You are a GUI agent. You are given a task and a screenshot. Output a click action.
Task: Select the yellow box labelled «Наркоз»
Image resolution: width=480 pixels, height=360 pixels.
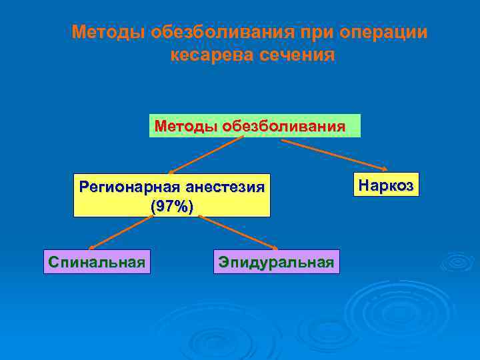pyautogui.click(x=386, y=185)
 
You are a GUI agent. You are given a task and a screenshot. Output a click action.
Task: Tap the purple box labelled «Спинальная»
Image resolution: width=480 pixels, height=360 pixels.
pyautogui.click(x=97, y=262)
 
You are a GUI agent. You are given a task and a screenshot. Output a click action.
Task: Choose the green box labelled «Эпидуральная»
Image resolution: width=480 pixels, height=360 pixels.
pyautogui.click(x=276, y=262)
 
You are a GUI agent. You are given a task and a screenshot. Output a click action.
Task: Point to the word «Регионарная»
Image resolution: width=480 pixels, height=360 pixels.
pyautogui.click(x=127, y=187)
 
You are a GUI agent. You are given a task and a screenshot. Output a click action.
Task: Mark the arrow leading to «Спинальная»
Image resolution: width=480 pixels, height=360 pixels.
pyautogui.click(x=117, y=233)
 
